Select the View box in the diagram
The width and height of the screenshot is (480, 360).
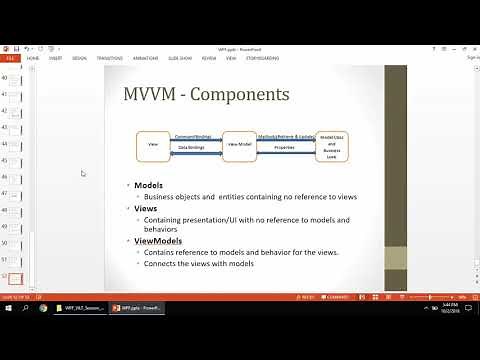tap(152, 146)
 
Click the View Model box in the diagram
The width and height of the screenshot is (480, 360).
tap(240, 146)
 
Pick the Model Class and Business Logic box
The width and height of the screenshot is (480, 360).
tap(332, 147)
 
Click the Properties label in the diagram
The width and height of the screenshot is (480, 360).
tap(285, 147)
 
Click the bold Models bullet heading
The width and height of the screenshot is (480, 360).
tap(150, 186)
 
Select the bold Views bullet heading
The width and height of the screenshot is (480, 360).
tap(147, 208)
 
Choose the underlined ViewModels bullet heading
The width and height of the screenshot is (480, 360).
tap(158, 241)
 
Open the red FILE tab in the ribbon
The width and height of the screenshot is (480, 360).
tap(11, 58)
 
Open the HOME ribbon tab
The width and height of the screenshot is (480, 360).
tap(33, 58)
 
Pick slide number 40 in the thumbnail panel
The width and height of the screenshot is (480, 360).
tap(14, 79)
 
